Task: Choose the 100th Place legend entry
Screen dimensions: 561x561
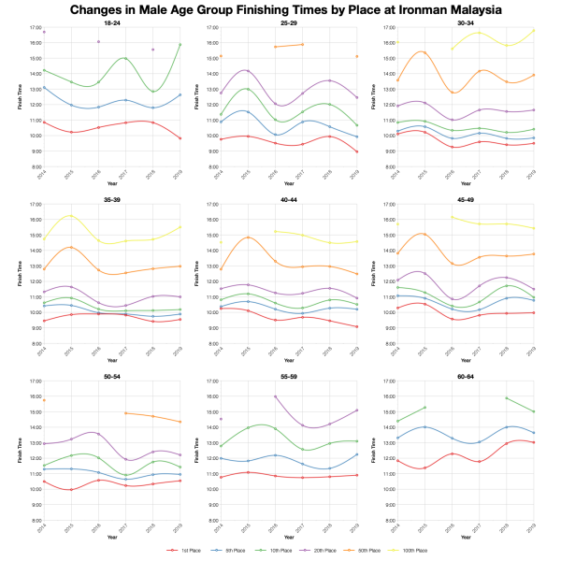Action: click(x=413, y=552)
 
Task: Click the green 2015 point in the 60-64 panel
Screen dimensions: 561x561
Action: click(x=425, y=408)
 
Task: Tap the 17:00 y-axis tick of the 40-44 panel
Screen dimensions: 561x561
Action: click(x=211, y=205)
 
